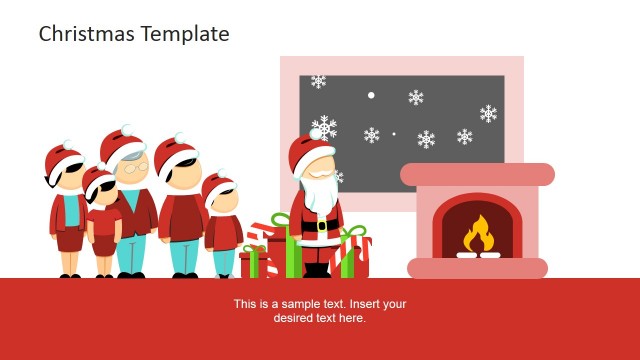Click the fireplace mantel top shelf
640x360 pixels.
pyautogui.click(x=477, y=174)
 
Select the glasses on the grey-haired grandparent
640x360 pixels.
pyautogui.click(x=133, y=170)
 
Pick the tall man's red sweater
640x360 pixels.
pyautogui.click(x=183, y=216)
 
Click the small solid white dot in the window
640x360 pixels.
pyautogui.click(x=371, y=95)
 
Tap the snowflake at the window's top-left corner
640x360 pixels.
pyautogui.click(x=318, y=81)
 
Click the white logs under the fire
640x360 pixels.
pyautogui.click(x=477, y=254)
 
